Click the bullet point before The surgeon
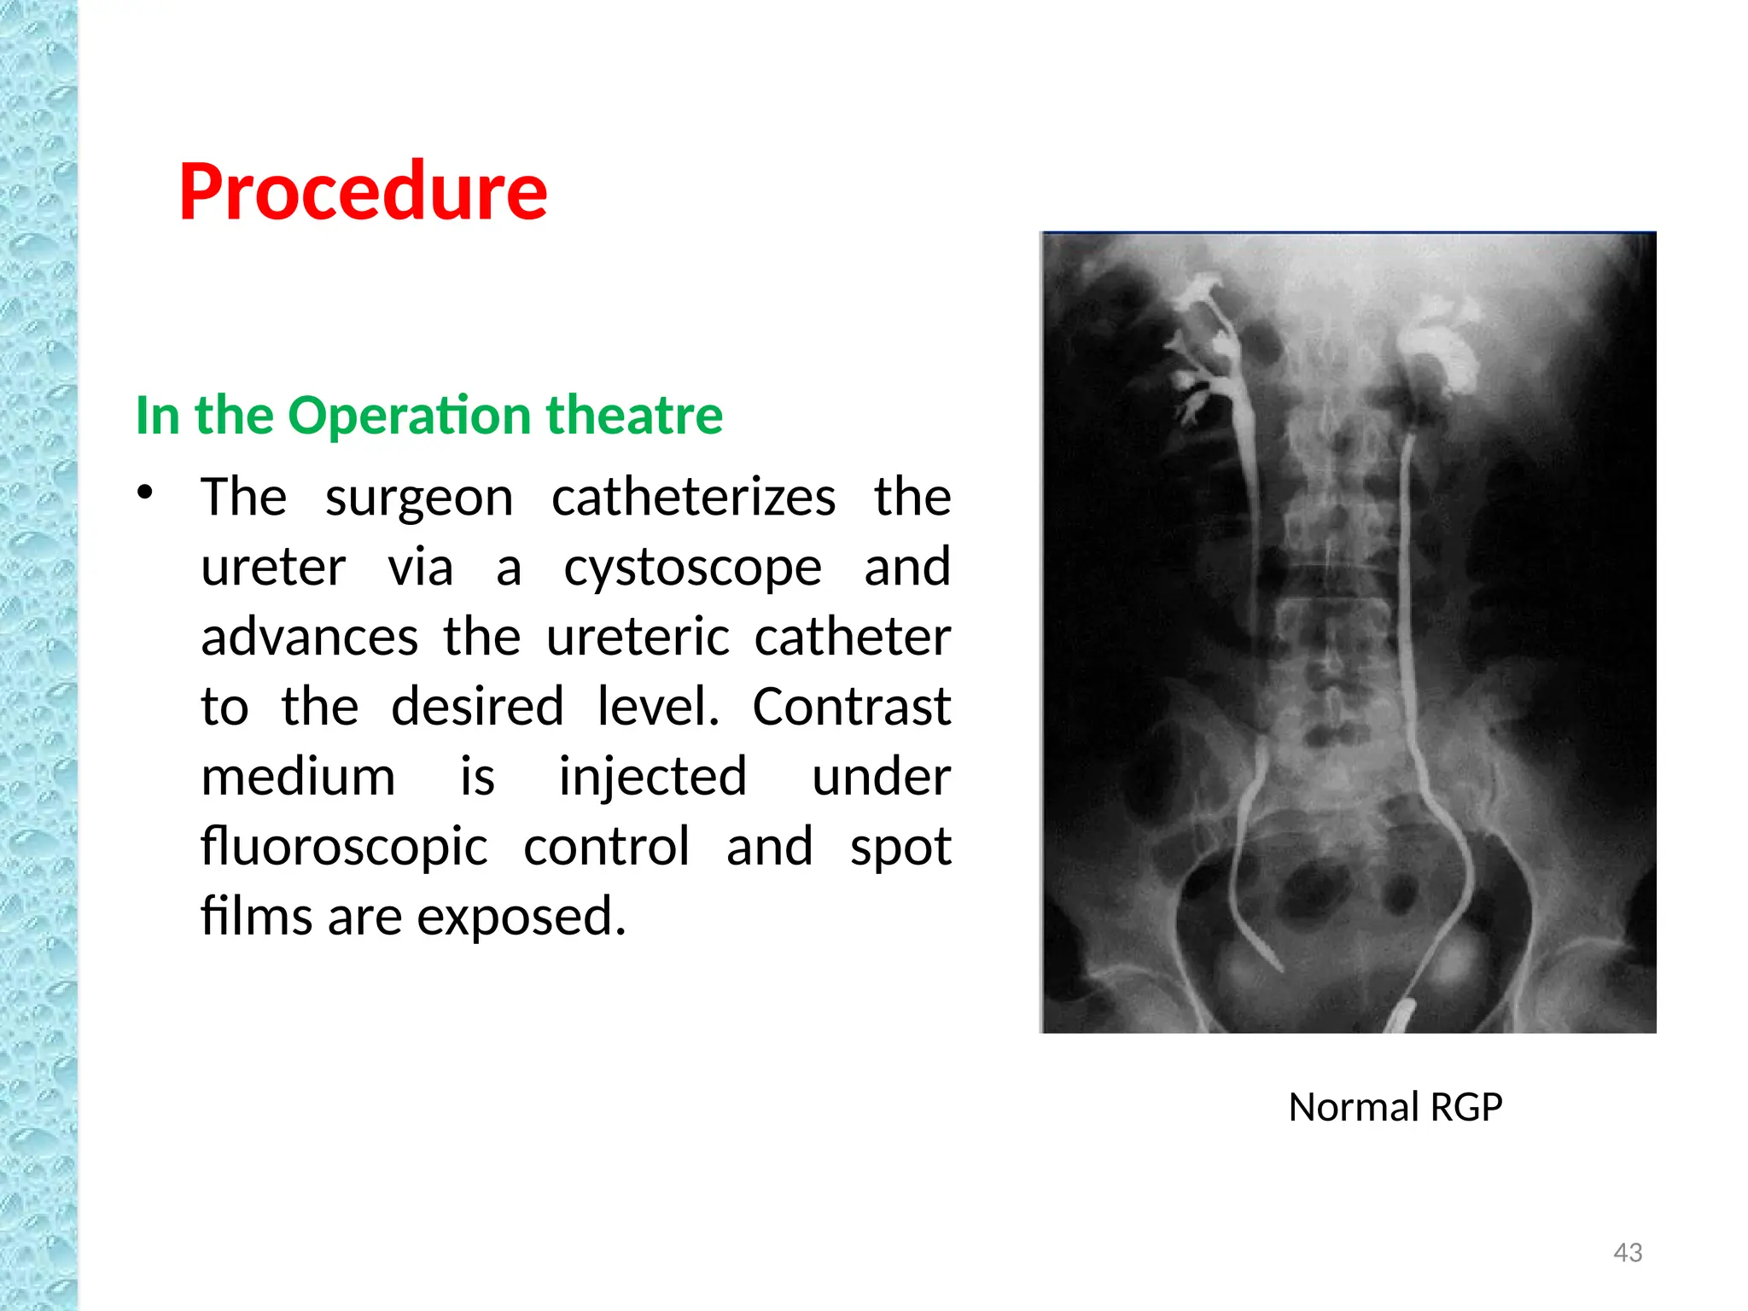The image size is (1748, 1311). (145, 492)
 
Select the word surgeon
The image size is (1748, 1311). (419, 498)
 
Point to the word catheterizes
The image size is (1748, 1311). (693, 498)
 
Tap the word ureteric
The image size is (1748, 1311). (638, 638)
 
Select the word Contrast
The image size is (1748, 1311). (851, 708)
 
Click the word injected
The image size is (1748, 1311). (653, 778)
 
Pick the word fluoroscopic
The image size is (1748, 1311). (344, 848)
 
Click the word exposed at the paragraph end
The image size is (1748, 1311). (521, 918)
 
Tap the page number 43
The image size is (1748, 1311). (1628, 1252)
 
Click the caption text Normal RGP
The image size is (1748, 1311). (1395, 1107)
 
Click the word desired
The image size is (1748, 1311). (477, 708)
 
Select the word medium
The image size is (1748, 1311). (298, 778)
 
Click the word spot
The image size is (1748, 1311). (900, 848)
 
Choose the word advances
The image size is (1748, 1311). (309, 638)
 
